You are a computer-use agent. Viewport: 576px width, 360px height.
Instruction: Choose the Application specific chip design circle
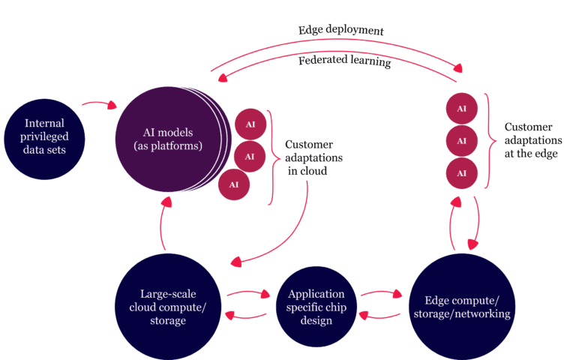[x=316, y=307]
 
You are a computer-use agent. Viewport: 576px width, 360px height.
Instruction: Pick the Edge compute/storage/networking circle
[x=461, y=307]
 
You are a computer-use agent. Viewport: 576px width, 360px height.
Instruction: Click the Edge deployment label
[x=340, y=31]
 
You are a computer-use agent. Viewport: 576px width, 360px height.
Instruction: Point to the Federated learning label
[x=344, y=61]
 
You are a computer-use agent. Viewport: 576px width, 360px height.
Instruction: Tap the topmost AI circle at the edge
[x=462, y=108]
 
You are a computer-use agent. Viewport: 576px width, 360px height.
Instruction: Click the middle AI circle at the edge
[x=462, y=141]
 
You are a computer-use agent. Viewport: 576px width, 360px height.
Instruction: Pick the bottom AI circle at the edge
[x=462, y=174]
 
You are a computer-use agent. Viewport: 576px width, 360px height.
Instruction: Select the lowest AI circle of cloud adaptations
[x=234, y=184]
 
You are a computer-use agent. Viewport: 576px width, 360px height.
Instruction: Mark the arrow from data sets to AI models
[x=99, y=102]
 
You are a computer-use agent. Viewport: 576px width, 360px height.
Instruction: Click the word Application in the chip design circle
[x=316, y=294]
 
